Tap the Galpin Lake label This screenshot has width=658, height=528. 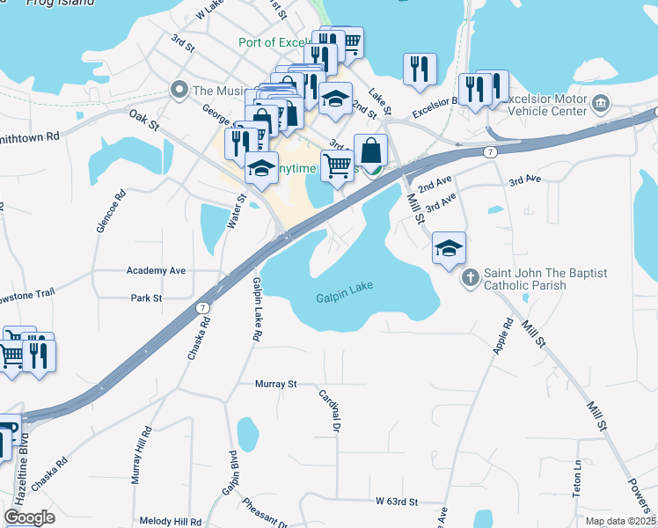point(345,298)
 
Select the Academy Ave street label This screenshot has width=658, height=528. point(157,270)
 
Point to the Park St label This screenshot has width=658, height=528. point(146,298)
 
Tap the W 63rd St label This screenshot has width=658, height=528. point(396,501)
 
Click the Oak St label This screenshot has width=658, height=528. point(143,119)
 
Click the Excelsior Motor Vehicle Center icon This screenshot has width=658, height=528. point(602,104)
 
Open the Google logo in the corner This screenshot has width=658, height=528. point(29,517)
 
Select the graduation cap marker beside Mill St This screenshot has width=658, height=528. point(449,248)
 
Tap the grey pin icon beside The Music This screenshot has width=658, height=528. point(179,90)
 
